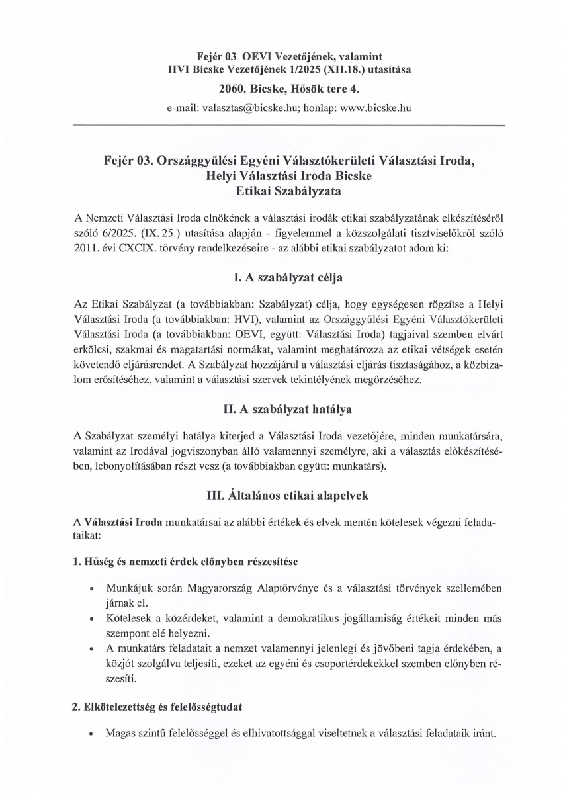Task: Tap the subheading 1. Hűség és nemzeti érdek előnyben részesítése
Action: (185, 561)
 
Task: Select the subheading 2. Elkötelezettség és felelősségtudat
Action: (157, 707)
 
